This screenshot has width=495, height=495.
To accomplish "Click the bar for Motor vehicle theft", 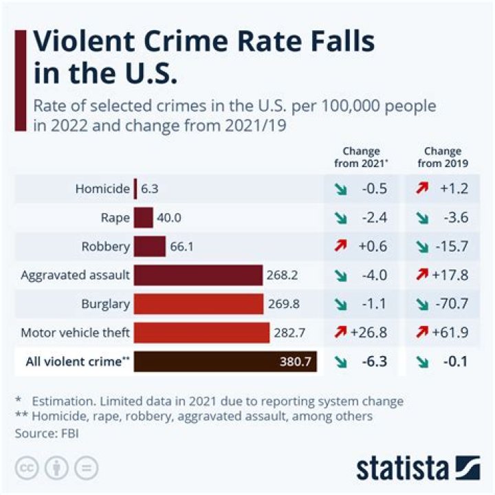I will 201,333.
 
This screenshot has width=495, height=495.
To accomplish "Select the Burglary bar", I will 199,304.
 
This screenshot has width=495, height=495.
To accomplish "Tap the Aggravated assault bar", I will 198,276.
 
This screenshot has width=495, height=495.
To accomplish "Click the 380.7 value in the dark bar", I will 296,362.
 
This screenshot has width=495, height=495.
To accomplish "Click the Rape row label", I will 115,218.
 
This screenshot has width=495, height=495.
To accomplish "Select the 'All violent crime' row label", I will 77,362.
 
